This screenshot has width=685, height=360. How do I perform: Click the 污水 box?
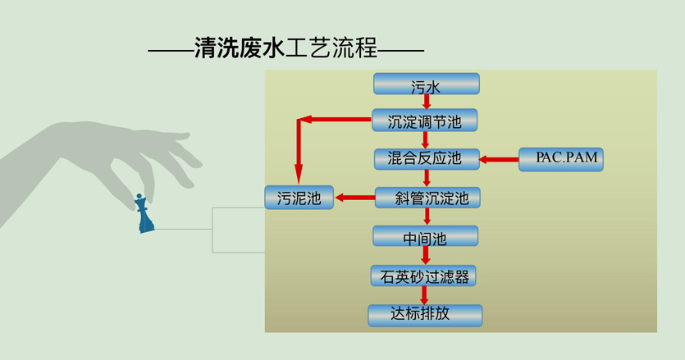(x=426, y=84)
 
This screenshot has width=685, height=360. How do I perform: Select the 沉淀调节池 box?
(x=424, y=121)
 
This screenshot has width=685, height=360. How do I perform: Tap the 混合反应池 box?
(x=427, y=159)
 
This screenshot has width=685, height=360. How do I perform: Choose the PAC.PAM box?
(x=561, y=159)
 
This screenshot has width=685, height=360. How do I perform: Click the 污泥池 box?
(x=299, y=198)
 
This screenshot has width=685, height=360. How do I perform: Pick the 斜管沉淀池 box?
(x=427, y=198)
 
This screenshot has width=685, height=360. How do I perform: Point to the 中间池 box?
(x=425, y=237)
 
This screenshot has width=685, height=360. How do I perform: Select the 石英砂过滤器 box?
(x=423, y=276)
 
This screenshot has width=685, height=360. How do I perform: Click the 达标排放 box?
(x=425, y=315)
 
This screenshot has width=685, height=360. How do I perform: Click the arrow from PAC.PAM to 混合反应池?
(x=499, y=159)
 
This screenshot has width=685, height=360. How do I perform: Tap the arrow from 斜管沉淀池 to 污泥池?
(x=354, y=198)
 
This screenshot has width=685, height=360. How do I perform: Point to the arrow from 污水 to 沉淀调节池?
(x=426, y=102)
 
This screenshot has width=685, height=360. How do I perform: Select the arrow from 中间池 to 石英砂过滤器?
(x=425, y=256)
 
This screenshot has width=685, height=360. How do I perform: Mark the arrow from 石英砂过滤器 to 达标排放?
(x=424, y=295)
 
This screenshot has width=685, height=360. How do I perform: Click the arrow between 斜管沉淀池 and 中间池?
(x=427, y=217)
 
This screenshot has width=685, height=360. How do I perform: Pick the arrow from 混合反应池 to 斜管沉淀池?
(x=427, y=178)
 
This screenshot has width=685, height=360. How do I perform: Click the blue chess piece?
(x=145, y=214)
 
